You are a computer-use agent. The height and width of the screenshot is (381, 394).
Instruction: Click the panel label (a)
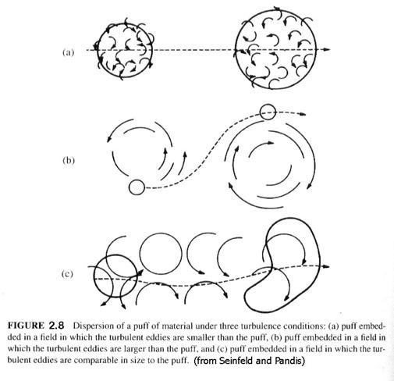(68, 52)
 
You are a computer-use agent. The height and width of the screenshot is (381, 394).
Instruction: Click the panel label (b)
(69, 160)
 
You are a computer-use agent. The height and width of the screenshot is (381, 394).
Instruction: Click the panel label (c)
(67, 274)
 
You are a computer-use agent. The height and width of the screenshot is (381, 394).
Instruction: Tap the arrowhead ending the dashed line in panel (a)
(327, 49)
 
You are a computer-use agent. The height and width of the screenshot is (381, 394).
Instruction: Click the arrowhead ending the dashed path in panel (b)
(302, 114)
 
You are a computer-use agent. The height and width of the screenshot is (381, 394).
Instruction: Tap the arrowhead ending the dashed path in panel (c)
(326, 266)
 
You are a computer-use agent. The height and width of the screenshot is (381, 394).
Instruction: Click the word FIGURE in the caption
(26, 326)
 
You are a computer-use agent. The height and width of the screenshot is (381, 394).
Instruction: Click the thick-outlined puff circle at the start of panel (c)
(94, 276)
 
